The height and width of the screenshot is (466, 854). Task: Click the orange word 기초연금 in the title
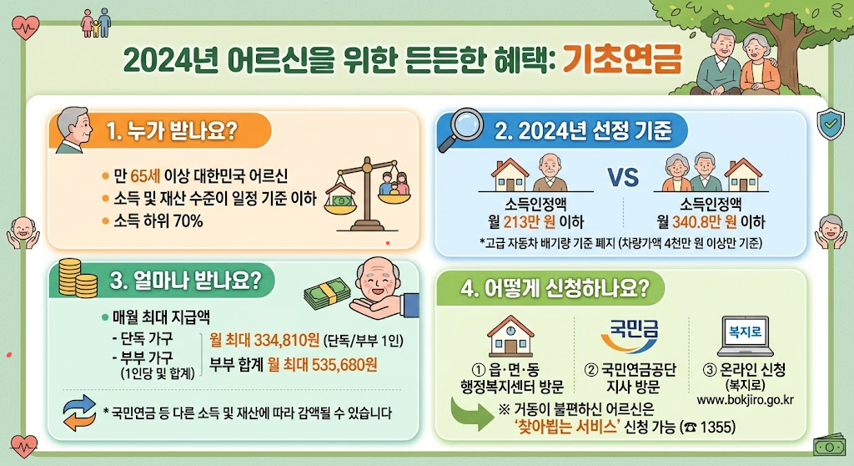pyautogui.click(x=621, y=58)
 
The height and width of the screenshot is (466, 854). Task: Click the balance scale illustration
pyautogui.click(x=367, y=194)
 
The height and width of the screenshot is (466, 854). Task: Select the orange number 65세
pyautogui.click(x=145, y=176)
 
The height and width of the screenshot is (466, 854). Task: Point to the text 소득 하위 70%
pyautogui.click(x=158, y=221)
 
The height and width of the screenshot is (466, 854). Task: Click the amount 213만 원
pyautogui.click(x=530, y=222)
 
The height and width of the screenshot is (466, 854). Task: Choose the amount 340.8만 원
pyautogui.click(x=704, y=222)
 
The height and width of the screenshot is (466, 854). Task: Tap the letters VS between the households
pyautogui.click(x=623, y=177)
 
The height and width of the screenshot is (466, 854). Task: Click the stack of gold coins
pyautogui.click(x=78, y=278)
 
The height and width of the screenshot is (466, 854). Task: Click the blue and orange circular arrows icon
pyautogui.click(x=79, y=413)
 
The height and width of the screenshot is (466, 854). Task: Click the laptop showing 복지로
pyautogui.click(x=745, y=336)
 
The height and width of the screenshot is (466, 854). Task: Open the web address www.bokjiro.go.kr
pyautogui.click(x=745, y=400)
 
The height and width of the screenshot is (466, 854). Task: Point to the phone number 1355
pyautogui.click(x=717, y=427)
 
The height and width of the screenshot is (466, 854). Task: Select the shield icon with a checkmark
pyautogui.click(x=831, y=124)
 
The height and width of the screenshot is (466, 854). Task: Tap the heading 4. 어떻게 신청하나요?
pyautogui.click(x=555, y=288)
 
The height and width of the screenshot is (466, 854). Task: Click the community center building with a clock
pyautogui.click(x=510, y=336)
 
